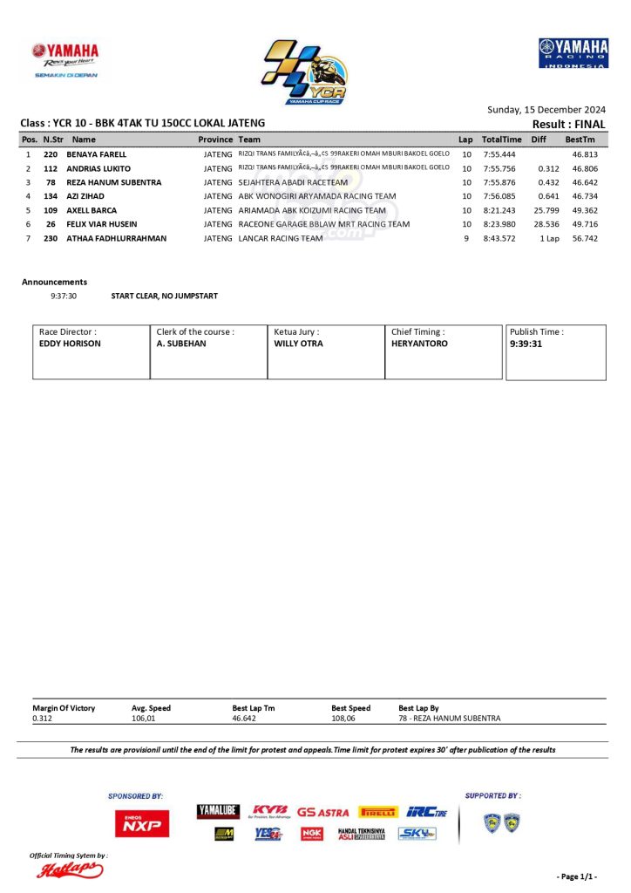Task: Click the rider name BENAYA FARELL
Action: coord(96,154)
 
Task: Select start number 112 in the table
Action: coord(51,168)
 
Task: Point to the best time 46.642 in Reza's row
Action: coord(584,182)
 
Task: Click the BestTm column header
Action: coord(580,140)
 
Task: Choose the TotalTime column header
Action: coord(501,140)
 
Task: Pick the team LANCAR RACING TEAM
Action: coord(281,238)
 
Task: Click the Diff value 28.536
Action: coord(546,224)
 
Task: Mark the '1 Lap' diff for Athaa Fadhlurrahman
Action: coord(548,238)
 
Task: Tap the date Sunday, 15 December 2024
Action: coord(546,110)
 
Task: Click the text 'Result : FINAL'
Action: coord(568,125)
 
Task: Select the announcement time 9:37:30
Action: coord(64,297)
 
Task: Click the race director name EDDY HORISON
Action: coord(70,344)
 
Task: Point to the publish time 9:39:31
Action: coord(526,344)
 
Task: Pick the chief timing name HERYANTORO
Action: coord(419,344)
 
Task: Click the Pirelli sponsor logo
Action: coord(377,812)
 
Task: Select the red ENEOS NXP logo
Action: coord(142,822)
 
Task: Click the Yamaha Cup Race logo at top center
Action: coord(304,72)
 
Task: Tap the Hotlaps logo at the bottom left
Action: coord(69,869)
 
